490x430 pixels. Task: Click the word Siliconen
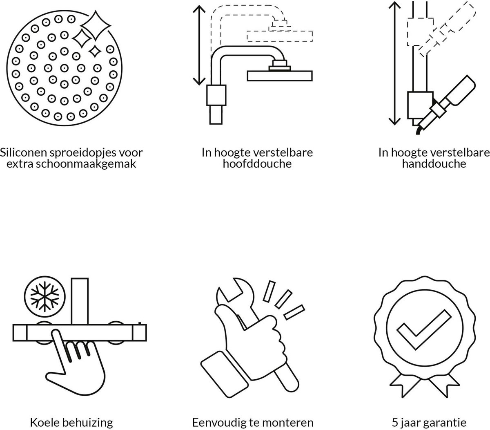24,152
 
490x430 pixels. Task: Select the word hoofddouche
257,164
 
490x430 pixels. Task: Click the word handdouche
434,164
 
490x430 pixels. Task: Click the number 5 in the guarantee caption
395,423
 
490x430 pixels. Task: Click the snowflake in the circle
45,296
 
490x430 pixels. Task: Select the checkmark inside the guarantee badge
424,329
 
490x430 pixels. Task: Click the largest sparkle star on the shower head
96,25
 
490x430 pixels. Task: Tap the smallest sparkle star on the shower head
95,51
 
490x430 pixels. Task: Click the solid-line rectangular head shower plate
280,76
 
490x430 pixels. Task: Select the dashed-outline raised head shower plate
280,36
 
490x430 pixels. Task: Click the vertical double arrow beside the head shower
199,45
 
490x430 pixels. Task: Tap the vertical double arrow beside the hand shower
394,63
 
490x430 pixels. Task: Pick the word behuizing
87,423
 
